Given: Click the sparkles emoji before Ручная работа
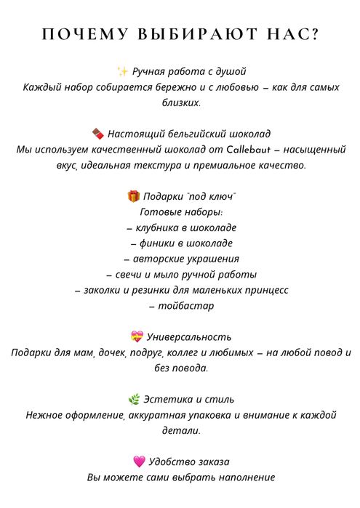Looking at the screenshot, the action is point(122,71).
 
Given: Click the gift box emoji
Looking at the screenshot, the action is point(133,196).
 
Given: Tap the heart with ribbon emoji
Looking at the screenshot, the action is point(137,336).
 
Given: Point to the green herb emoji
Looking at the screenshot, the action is point(134,399).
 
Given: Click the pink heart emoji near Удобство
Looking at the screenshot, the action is point(140,461).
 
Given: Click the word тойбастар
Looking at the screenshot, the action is point(185,306).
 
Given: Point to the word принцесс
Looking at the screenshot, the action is point(264,290).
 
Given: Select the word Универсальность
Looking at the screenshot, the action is point(189,337).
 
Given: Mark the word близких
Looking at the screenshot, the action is point(180,102).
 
